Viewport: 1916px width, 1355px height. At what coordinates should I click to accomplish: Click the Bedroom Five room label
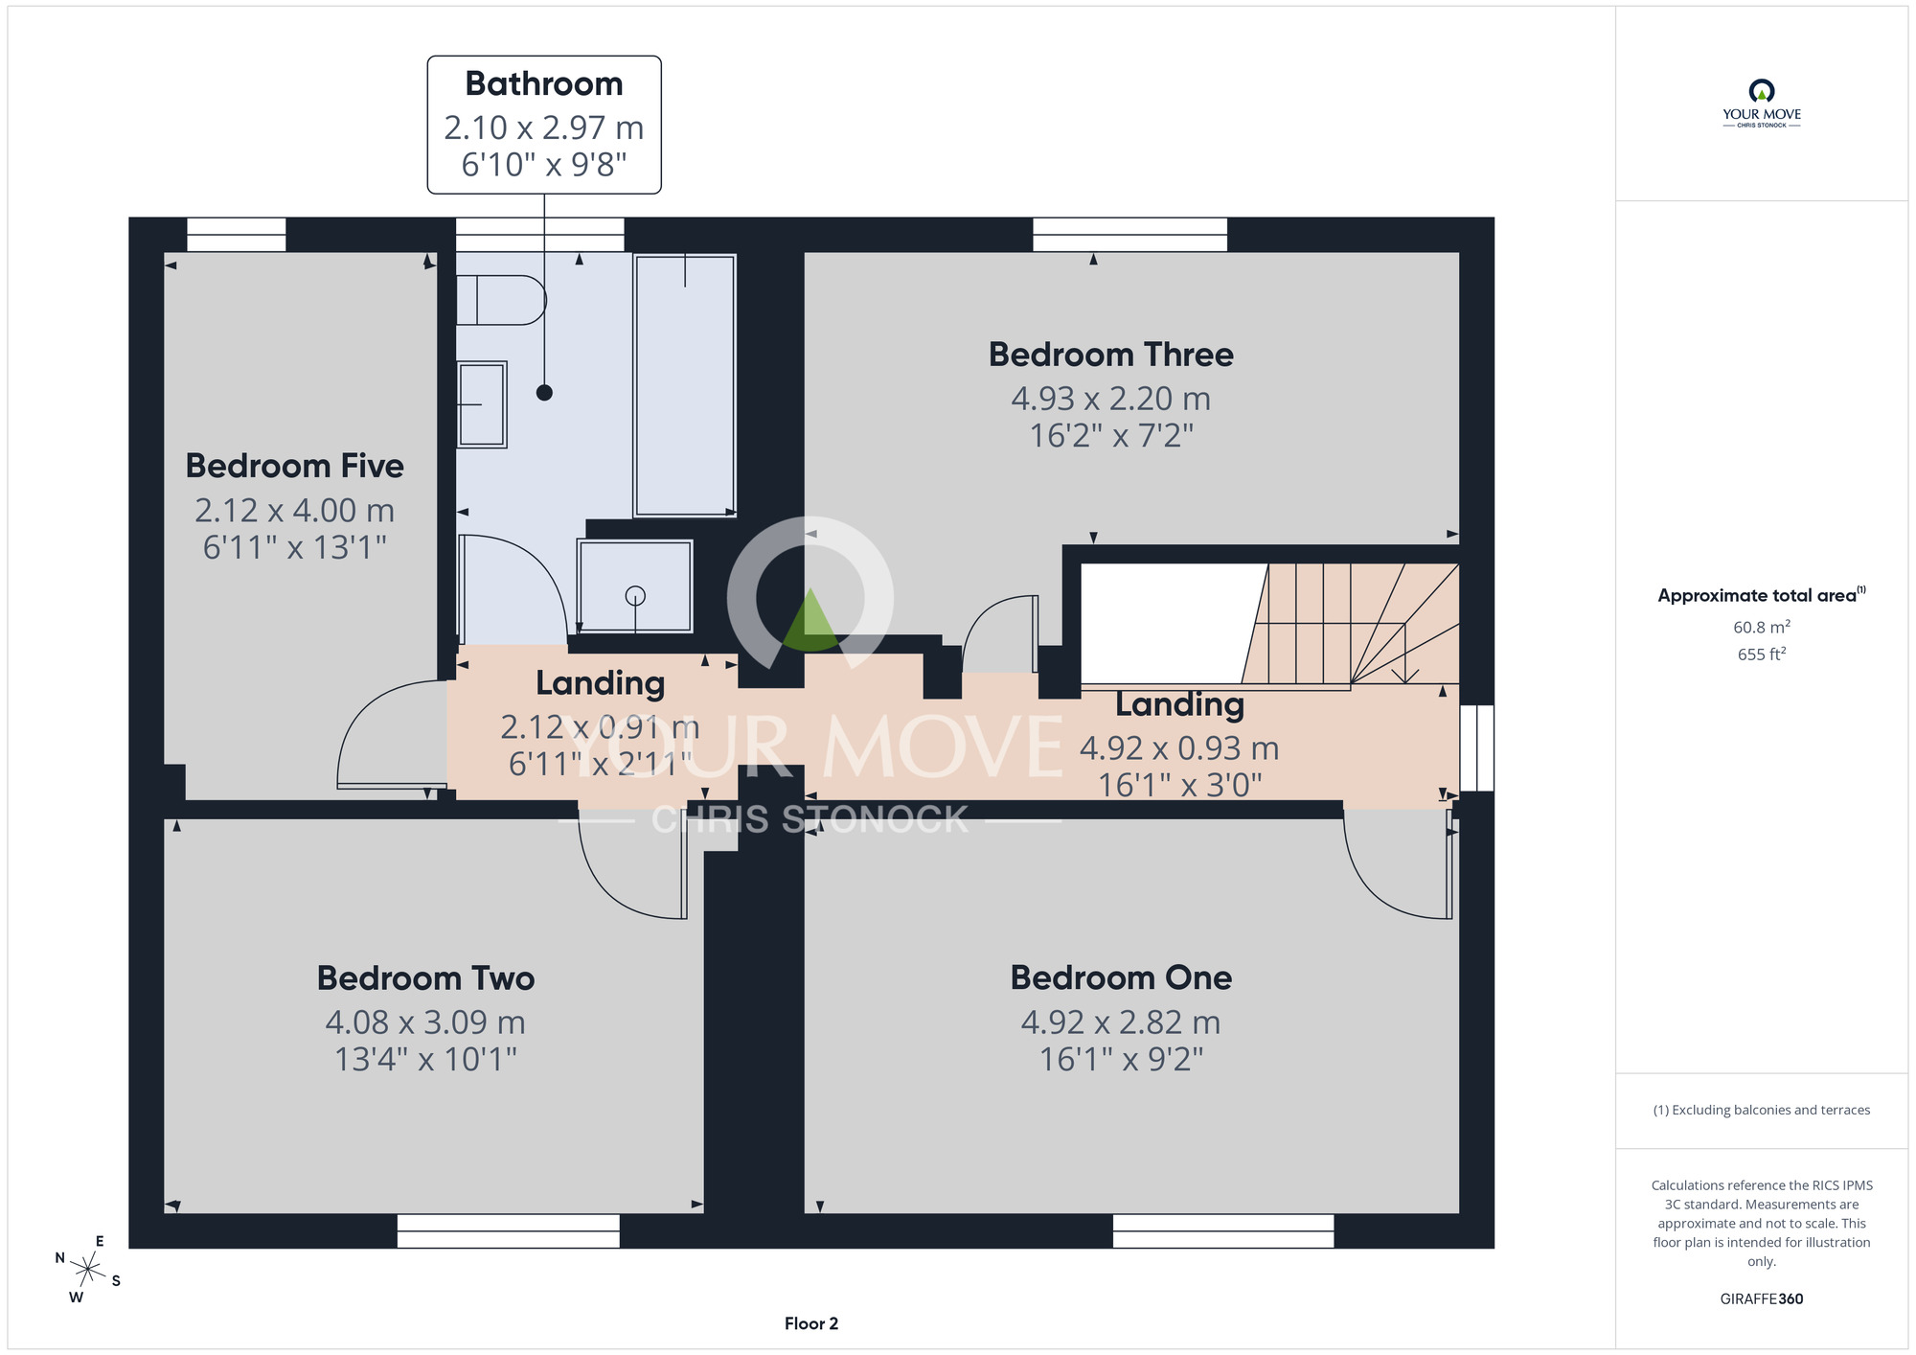(294, 466)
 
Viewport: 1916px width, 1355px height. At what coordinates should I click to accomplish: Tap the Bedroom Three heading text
(1110, 355)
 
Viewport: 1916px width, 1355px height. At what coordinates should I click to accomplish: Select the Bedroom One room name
(1121, 977)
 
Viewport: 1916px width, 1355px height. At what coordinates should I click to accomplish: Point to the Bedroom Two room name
(425, 978)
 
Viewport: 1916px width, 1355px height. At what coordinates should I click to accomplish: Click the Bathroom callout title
(544, 84)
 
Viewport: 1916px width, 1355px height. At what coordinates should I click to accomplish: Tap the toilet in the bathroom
(500, 300)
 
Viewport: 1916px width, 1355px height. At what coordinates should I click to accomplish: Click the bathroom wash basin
(481, 404)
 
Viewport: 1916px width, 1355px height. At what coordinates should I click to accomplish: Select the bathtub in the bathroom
(684, 385)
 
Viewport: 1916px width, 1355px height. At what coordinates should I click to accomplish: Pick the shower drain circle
(635, 596)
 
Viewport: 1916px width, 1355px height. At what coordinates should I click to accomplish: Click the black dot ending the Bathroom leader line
(544, 392)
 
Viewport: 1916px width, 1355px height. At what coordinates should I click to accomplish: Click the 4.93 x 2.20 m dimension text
(1110, 399)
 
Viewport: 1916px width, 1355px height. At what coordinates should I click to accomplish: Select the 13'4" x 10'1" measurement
(425, 1060)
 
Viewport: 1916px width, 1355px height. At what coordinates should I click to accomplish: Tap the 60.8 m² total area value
(1762, 627)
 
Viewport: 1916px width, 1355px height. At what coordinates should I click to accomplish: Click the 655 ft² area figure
(1762, 654)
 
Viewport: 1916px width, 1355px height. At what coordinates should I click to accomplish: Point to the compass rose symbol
(88, 1271)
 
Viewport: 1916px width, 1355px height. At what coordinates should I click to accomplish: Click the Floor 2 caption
(811, 1323)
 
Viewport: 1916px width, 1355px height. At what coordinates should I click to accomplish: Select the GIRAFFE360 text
(1762, 1299)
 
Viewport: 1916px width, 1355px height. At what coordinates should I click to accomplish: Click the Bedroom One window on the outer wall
(1223, 1231)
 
